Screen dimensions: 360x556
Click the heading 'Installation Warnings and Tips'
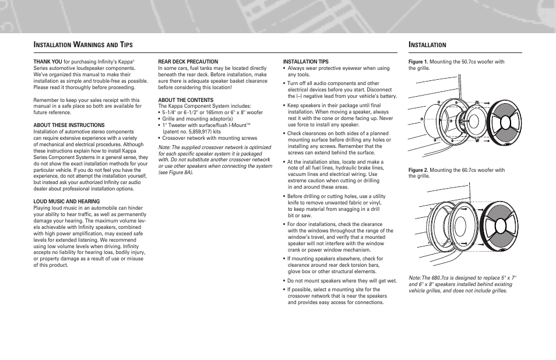83,45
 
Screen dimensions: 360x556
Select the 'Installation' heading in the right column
427,45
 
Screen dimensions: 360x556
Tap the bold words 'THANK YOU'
48,61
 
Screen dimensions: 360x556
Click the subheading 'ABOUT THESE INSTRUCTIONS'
69,125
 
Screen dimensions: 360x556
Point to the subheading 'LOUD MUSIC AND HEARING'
66,202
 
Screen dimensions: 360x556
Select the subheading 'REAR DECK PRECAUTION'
188,61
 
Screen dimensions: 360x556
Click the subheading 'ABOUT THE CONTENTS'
186,100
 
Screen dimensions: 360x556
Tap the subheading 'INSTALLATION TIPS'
305,61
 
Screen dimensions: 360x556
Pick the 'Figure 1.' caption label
418,61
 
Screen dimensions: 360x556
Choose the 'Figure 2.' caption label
418,170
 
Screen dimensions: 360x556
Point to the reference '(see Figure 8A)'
175,172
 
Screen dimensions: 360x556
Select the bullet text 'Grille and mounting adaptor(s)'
189,119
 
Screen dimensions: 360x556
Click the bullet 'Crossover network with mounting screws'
209,138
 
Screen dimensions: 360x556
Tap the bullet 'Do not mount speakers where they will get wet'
342,280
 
